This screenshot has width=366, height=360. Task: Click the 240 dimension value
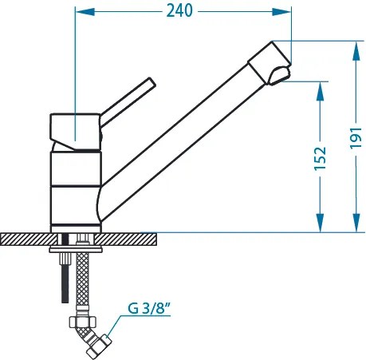pyautogui.click(x=179, y=11)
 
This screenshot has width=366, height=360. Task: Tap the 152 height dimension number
pyautogui.click(x=321, y=158)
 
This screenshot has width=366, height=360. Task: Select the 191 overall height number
pyautogui.click(x=356, y=138)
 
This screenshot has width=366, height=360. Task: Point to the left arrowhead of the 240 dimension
pyautogui.click(x=85, y=12)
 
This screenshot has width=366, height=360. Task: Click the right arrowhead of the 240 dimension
pyautogui.click(x=281, y=12)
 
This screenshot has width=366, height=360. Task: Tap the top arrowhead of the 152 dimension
pyautogui.click(x=321, y=91)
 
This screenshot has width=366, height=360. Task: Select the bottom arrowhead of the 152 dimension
pyautogui.click(x=321, y=223)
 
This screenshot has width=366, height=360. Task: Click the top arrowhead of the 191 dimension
pyautogui.click(x=356, y=50)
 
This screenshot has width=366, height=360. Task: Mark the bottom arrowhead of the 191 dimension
pyautogui.click(x=356, y=223)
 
